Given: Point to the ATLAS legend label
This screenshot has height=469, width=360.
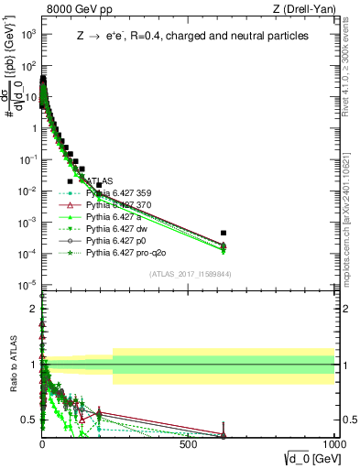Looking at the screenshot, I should [100, 181].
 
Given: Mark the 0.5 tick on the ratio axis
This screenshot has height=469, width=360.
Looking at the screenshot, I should [30, 420].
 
